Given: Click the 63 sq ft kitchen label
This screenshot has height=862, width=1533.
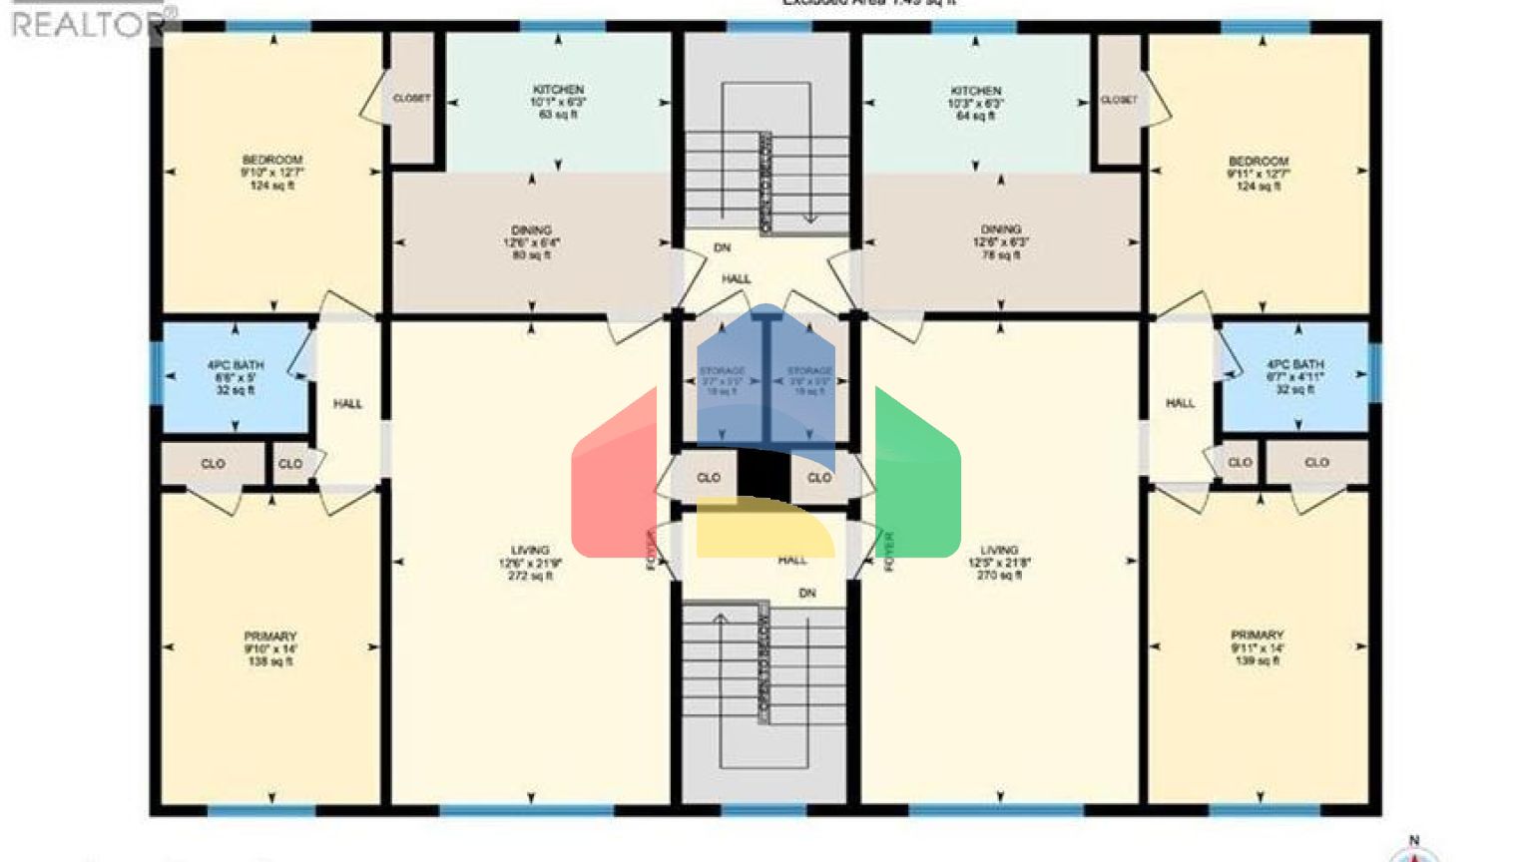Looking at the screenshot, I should [x=558, y=102].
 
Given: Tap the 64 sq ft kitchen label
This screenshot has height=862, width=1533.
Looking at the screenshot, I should [x=975, y=103].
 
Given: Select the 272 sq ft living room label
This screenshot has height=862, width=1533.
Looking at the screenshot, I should [x=530, y=563].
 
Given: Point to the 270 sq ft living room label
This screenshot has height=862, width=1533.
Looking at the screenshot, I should [x=999, y=563].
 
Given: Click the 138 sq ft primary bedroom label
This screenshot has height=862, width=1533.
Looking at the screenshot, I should [x=270, y=648].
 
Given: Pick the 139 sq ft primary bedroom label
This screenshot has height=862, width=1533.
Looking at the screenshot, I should [x=1257, y=647].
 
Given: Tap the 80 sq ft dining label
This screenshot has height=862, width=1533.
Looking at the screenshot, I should [x=531, y=242].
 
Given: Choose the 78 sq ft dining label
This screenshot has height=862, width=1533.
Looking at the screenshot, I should [x=1000, y=242].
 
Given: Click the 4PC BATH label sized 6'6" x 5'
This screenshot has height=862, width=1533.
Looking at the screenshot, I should [x=236, y=377].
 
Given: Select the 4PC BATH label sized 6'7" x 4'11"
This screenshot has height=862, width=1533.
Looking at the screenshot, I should [x=1294, y=376].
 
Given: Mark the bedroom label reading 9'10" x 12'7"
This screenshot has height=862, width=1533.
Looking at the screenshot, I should [x=271, y=172].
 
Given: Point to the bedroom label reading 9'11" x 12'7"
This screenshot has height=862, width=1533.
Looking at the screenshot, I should [x=1258, y=173].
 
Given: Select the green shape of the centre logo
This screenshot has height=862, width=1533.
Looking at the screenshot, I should [x=917, y=479].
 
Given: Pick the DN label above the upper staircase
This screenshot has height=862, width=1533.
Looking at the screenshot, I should [x=722, y=247].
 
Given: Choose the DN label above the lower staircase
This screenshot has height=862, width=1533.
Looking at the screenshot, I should [x=806, y=594].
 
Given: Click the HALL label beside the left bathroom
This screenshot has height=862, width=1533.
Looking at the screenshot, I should [x=347, y=404].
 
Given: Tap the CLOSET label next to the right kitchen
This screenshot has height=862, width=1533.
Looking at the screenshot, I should [x=1119, y=100].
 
